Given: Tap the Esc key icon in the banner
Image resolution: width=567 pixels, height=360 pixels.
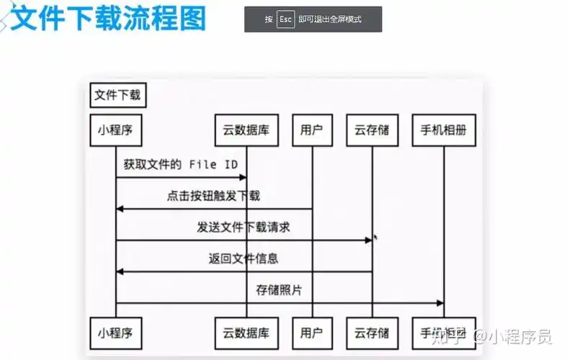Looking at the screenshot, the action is (x=286, y=19).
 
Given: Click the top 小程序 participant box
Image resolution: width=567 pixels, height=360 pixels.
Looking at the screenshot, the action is (x=115, y=130).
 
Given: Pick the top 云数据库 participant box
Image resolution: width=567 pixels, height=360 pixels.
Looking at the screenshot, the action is (x=246, y=130).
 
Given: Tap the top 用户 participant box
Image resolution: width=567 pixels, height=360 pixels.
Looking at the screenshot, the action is (x=312, y=130).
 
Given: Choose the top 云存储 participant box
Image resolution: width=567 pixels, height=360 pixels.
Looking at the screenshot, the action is (x=372, y=130).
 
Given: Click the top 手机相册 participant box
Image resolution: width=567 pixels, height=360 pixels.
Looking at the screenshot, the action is (x=444, y=130).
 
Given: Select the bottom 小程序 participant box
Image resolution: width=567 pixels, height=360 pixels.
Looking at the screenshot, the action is (x=115, y=333).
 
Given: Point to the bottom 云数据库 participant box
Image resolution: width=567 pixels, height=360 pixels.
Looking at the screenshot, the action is (x=246, y=333).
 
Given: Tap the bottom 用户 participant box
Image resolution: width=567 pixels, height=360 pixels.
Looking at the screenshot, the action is (x=312, y=333).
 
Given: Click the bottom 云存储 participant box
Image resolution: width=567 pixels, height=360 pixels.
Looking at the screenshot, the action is (x=372, y=333).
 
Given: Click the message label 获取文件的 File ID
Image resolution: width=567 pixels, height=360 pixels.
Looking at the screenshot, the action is (x=180, y=165).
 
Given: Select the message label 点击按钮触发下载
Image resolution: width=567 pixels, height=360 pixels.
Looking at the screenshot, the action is (x=214, y=196).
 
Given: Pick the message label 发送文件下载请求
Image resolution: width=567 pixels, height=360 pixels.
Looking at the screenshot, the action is (x=244, y=228).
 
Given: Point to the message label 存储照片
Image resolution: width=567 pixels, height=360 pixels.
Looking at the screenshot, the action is (x=279, y=290).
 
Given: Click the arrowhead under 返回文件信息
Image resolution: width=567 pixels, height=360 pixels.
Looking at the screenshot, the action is (x=120, y=271).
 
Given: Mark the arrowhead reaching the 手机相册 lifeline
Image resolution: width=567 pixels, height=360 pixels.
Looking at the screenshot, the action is (x=439, y=303).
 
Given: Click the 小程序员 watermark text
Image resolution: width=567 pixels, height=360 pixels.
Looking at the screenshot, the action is (x=519, y=336).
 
